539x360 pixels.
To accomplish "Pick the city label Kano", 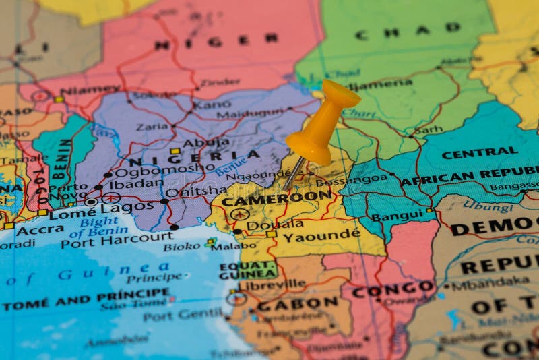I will pyautogui.click(x=212, y=105).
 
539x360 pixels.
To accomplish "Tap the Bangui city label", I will pyautogui.click(x=398, y=216).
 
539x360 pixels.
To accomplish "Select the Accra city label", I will pyautogui.click(x=40, y=230).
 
